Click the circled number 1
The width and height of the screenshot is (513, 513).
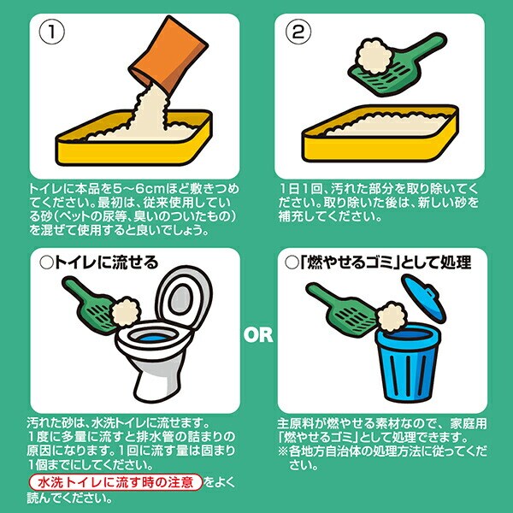tap(51, 32)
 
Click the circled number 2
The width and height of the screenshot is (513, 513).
tap(298, 32)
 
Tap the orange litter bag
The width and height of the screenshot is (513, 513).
tap(168, 54)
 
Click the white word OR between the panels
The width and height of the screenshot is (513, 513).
tap(258, 335)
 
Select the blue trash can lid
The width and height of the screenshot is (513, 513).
tap(423, 298)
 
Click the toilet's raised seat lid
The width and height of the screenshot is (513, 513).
tap(184, 298)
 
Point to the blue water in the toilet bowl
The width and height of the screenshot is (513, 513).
tap(153, 338)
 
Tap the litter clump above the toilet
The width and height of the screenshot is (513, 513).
tap(126, 312)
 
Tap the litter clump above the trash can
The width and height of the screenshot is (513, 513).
tap(391, 316)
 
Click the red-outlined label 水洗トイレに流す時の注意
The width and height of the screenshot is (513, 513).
tap(115, 482)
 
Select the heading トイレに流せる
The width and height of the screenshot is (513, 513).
tap(99, 262)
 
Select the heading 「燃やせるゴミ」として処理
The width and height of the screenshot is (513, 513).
tap(378, 262)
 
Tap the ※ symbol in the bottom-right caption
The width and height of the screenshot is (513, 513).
tap(283, 451)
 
